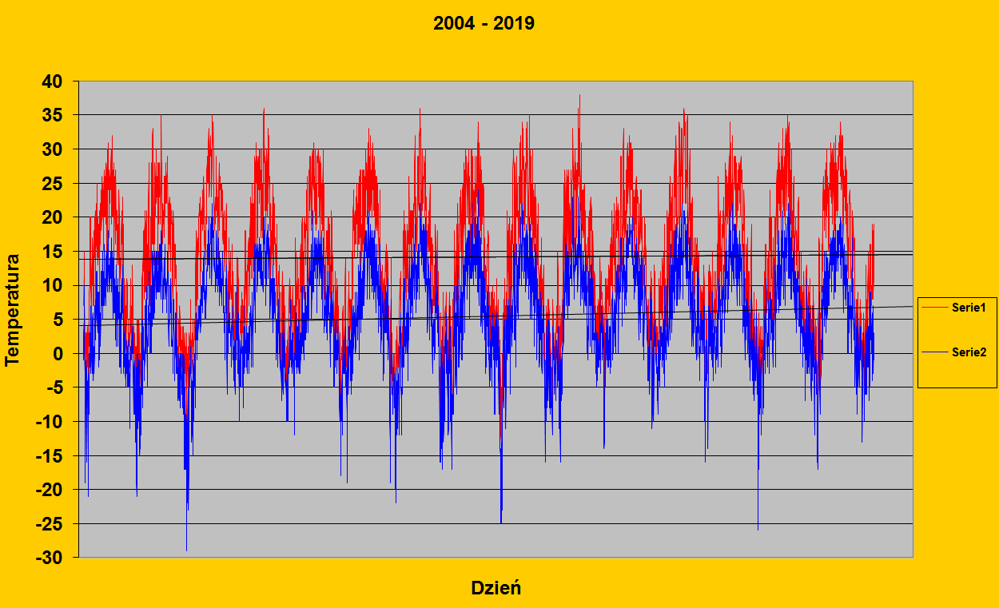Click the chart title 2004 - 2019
point(484,23)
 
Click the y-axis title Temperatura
point(12,310)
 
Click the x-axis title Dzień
point(496,588)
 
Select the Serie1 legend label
point(969,308)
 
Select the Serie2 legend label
point(969,352)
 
